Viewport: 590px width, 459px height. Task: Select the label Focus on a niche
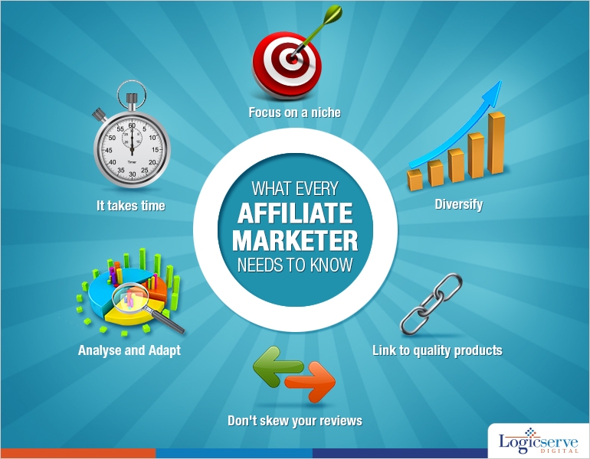click(294, 112)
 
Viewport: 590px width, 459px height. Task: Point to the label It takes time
click(130, 205)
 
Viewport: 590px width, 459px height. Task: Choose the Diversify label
click(459, 204)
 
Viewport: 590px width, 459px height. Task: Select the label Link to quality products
click(437, 350)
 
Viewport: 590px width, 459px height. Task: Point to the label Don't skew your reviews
click(295, 421)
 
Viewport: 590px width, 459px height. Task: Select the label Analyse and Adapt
click(129, 350)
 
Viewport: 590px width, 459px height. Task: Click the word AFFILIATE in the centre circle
click(294, 214)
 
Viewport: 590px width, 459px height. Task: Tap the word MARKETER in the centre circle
click(294, 241)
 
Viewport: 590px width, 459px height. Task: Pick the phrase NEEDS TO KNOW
click(294, 265)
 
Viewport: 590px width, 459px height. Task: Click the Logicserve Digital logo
click(536, 442)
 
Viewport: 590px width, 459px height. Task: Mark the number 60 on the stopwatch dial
click(132, 126)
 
